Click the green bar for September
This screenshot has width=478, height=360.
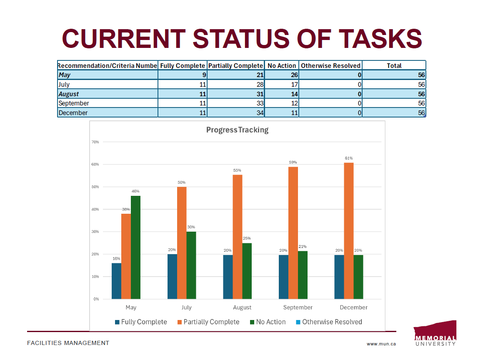[303, 275]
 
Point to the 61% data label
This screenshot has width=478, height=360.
[349, 158]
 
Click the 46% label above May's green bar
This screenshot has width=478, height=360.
[135, 191]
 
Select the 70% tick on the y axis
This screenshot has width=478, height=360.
[95, 142]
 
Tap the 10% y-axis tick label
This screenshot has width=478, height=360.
[95, 277]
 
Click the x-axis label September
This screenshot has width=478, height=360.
[298, 307]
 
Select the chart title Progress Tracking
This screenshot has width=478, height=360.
[237, 130]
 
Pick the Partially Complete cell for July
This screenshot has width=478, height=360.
[236, 85]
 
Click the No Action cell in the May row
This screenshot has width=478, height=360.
[281, 75]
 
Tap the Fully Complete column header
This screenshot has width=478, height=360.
[183, 66]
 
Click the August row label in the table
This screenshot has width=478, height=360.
[69, 94]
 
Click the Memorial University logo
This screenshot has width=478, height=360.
[435, 333]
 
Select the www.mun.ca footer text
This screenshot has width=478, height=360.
[381, 344]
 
